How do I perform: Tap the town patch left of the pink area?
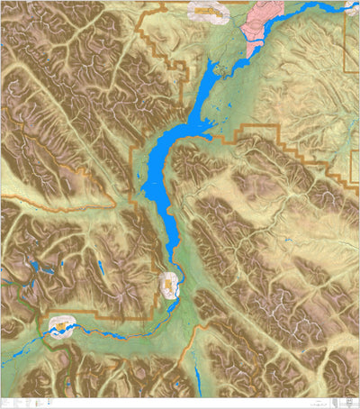[208, 11]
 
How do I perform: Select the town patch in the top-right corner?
[354, 6]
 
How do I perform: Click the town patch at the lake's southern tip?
[170, 286]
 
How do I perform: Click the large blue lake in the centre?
[162, 162]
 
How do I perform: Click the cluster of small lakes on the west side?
[54, 270]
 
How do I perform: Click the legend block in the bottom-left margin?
[27, 400]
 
